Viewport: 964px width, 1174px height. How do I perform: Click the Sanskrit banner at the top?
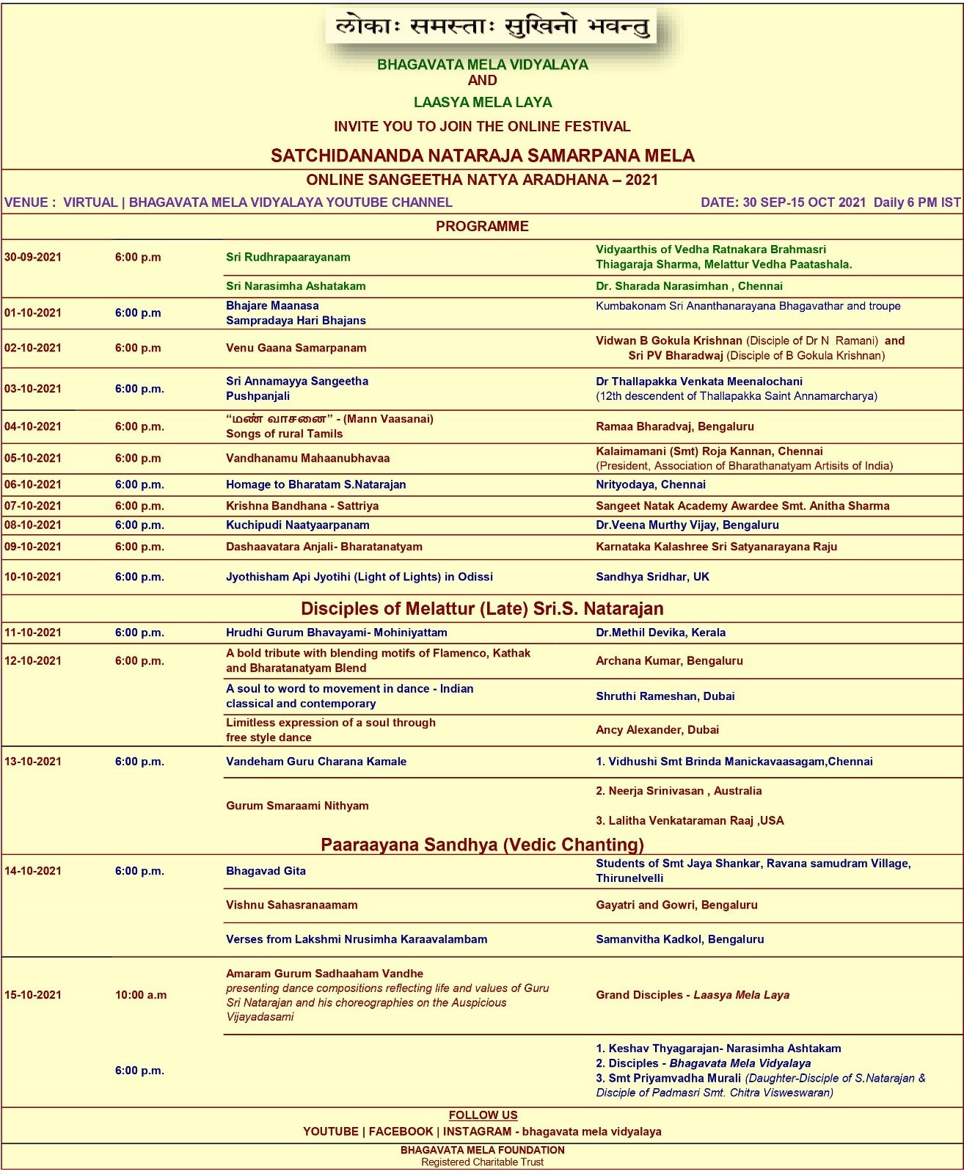492,28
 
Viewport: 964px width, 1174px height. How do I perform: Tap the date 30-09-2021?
33,257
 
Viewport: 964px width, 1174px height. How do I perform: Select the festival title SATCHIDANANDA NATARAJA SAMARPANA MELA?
482,156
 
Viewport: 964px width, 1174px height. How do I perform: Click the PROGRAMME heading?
482,226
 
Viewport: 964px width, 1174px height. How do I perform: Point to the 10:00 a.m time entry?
141,995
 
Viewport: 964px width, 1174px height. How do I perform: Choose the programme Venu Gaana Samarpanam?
296,348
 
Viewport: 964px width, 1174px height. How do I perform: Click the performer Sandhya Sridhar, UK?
652,577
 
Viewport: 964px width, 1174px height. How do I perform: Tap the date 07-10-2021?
33,506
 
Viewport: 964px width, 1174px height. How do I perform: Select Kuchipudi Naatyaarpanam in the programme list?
297,525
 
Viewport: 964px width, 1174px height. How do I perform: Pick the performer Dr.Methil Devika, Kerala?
660,632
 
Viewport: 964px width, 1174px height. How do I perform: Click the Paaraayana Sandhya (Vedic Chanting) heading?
482,845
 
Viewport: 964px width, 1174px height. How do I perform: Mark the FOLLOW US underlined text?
483,1115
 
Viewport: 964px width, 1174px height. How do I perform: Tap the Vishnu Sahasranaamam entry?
291,905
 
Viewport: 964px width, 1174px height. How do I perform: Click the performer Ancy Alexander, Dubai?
657,730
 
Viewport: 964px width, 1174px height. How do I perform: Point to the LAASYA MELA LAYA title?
482,102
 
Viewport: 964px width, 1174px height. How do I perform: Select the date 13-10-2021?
33,762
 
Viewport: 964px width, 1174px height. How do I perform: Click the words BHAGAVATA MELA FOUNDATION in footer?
482,1150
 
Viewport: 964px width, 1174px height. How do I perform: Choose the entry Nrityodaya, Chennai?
650,484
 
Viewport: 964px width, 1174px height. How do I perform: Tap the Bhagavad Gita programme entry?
266,871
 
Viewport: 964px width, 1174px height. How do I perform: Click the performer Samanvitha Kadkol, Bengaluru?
679,939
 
